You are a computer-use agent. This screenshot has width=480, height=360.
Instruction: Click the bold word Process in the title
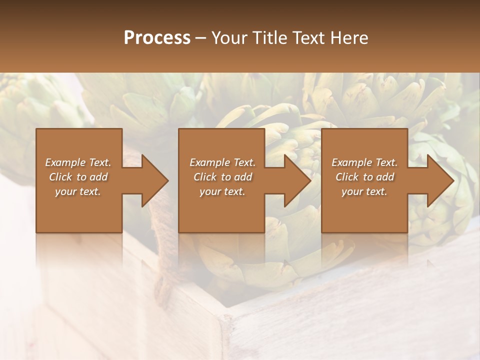[157, 38]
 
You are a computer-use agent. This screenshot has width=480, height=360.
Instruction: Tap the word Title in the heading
[266, 38]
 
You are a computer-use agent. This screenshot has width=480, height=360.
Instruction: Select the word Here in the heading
[349, 38]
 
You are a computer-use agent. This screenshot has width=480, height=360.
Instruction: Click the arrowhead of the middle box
[294, 180]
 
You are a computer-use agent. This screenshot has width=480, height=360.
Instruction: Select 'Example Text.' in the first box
[78, 162]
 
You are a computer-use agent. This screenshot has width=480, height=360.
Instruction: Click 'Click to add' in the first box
[78, 177]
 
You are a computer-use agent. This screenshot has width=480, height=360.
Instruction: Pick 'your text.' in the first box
[78, 191]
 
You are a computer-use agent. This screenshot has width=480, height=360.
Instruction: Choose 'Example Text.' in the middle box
[222, 162]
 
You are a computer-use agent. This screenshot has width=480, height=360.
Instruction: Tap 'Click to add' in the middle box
[222, 177]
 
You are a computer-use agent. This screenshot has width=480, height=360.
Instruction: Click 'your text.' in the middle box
[222, 191]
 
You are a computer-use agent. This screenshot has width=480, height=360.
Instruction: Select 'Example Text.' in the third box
[364, 162]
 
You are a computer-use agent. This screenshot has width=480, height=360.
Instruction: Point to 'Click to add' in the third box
[364, 177]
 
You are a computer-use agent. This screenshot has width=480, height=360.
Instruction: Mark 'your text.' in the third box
[364, 191]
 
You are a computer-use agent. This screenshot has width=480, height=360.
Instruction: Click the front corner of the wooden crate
[223, 320]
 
